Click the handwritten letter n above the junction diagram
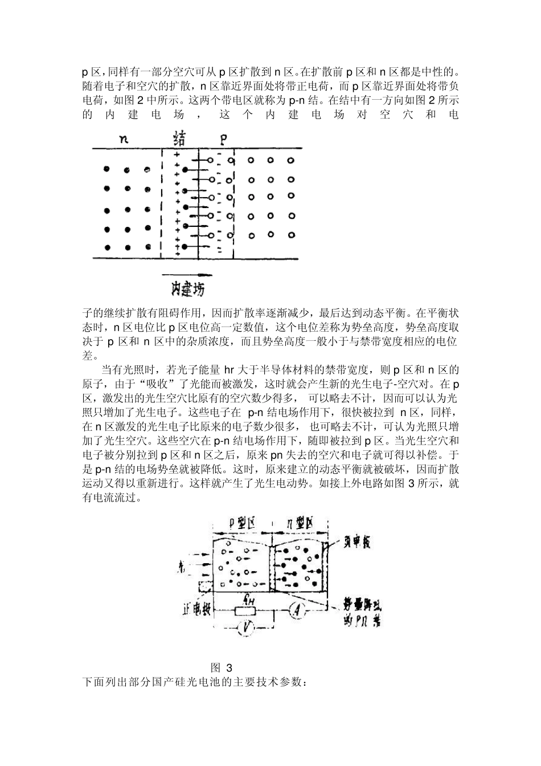click(x=123, y=138)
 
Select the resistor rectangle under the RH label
click(x=248, y=612)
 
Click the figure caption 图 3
click(x=222, y=667)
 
